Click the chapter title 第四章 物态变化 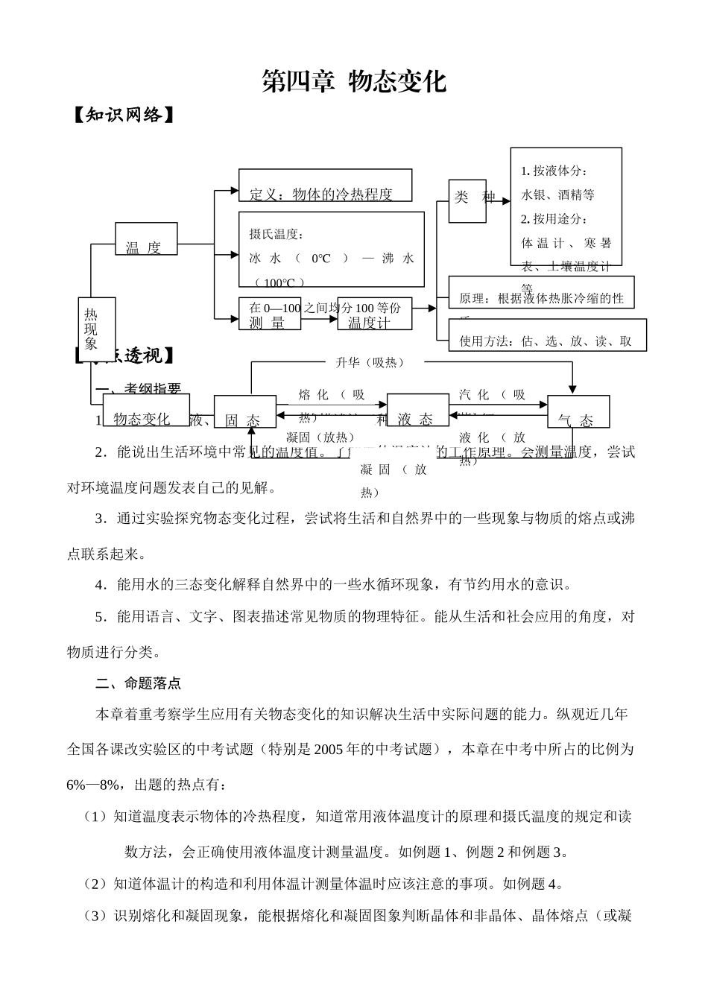tap(353, 81)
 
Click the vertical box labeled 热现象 tap(91, 329)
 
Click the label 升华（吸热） tap(370, 363)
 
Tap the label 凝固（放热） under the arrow tap(320, 437)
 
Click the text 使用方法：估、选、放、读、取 tap(546, 341)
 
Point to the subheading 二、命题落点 tap(139, 683)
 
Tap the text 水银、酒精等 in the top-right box tap(558, 195)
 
